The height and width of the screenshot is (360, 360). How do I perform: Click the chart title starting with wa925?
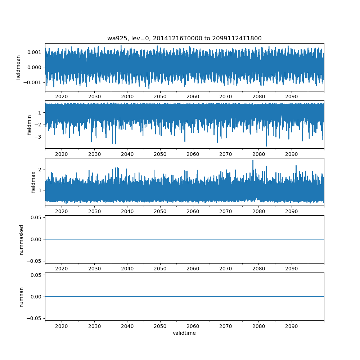pyautogui.click(x=184, y=38)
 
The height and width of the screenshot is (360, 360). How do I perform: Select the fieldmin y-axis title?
pyautogui.click(x=30, y=125)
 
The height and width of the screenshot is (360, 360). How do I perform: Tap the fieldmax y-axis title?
pyautogui.click(x=33, y=182)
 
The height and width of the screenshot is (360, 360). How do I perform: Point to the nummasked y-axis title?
pyautogui.click(x=22, y=239)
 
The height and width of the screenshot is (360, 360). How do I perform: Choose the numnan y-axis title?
pyautogui.click(x=22, y=297)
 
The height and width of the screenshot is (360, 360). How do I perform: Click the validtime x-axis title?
pyautogui.click(x=184, y=333)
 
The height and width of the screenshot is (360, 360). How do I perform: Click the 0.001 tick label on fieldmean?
pyautogui.click(x=34, y=52)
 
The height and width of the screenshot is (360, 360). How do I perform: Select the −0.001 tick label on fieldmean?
pyautogui.click(x=33, y=82)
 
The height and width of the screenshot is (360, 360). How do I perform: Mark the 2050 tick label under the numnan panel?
pyautogui.click(x=160, y=327)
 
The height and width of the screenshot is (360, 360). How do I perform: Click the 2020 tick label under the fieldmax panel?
pyautogui.click(x=62, y=211)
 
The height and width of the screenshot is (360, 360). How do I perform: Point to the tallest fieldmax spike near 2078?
pyautogui.click(x=253, y=160)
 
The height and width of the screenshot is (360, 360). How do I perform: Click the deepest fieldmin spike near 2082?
pyautogui.click(x=266, y=146)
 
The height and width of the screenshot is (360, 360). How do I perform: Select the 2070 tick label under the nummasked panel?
pyautogui.click(x=226, y=269)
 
